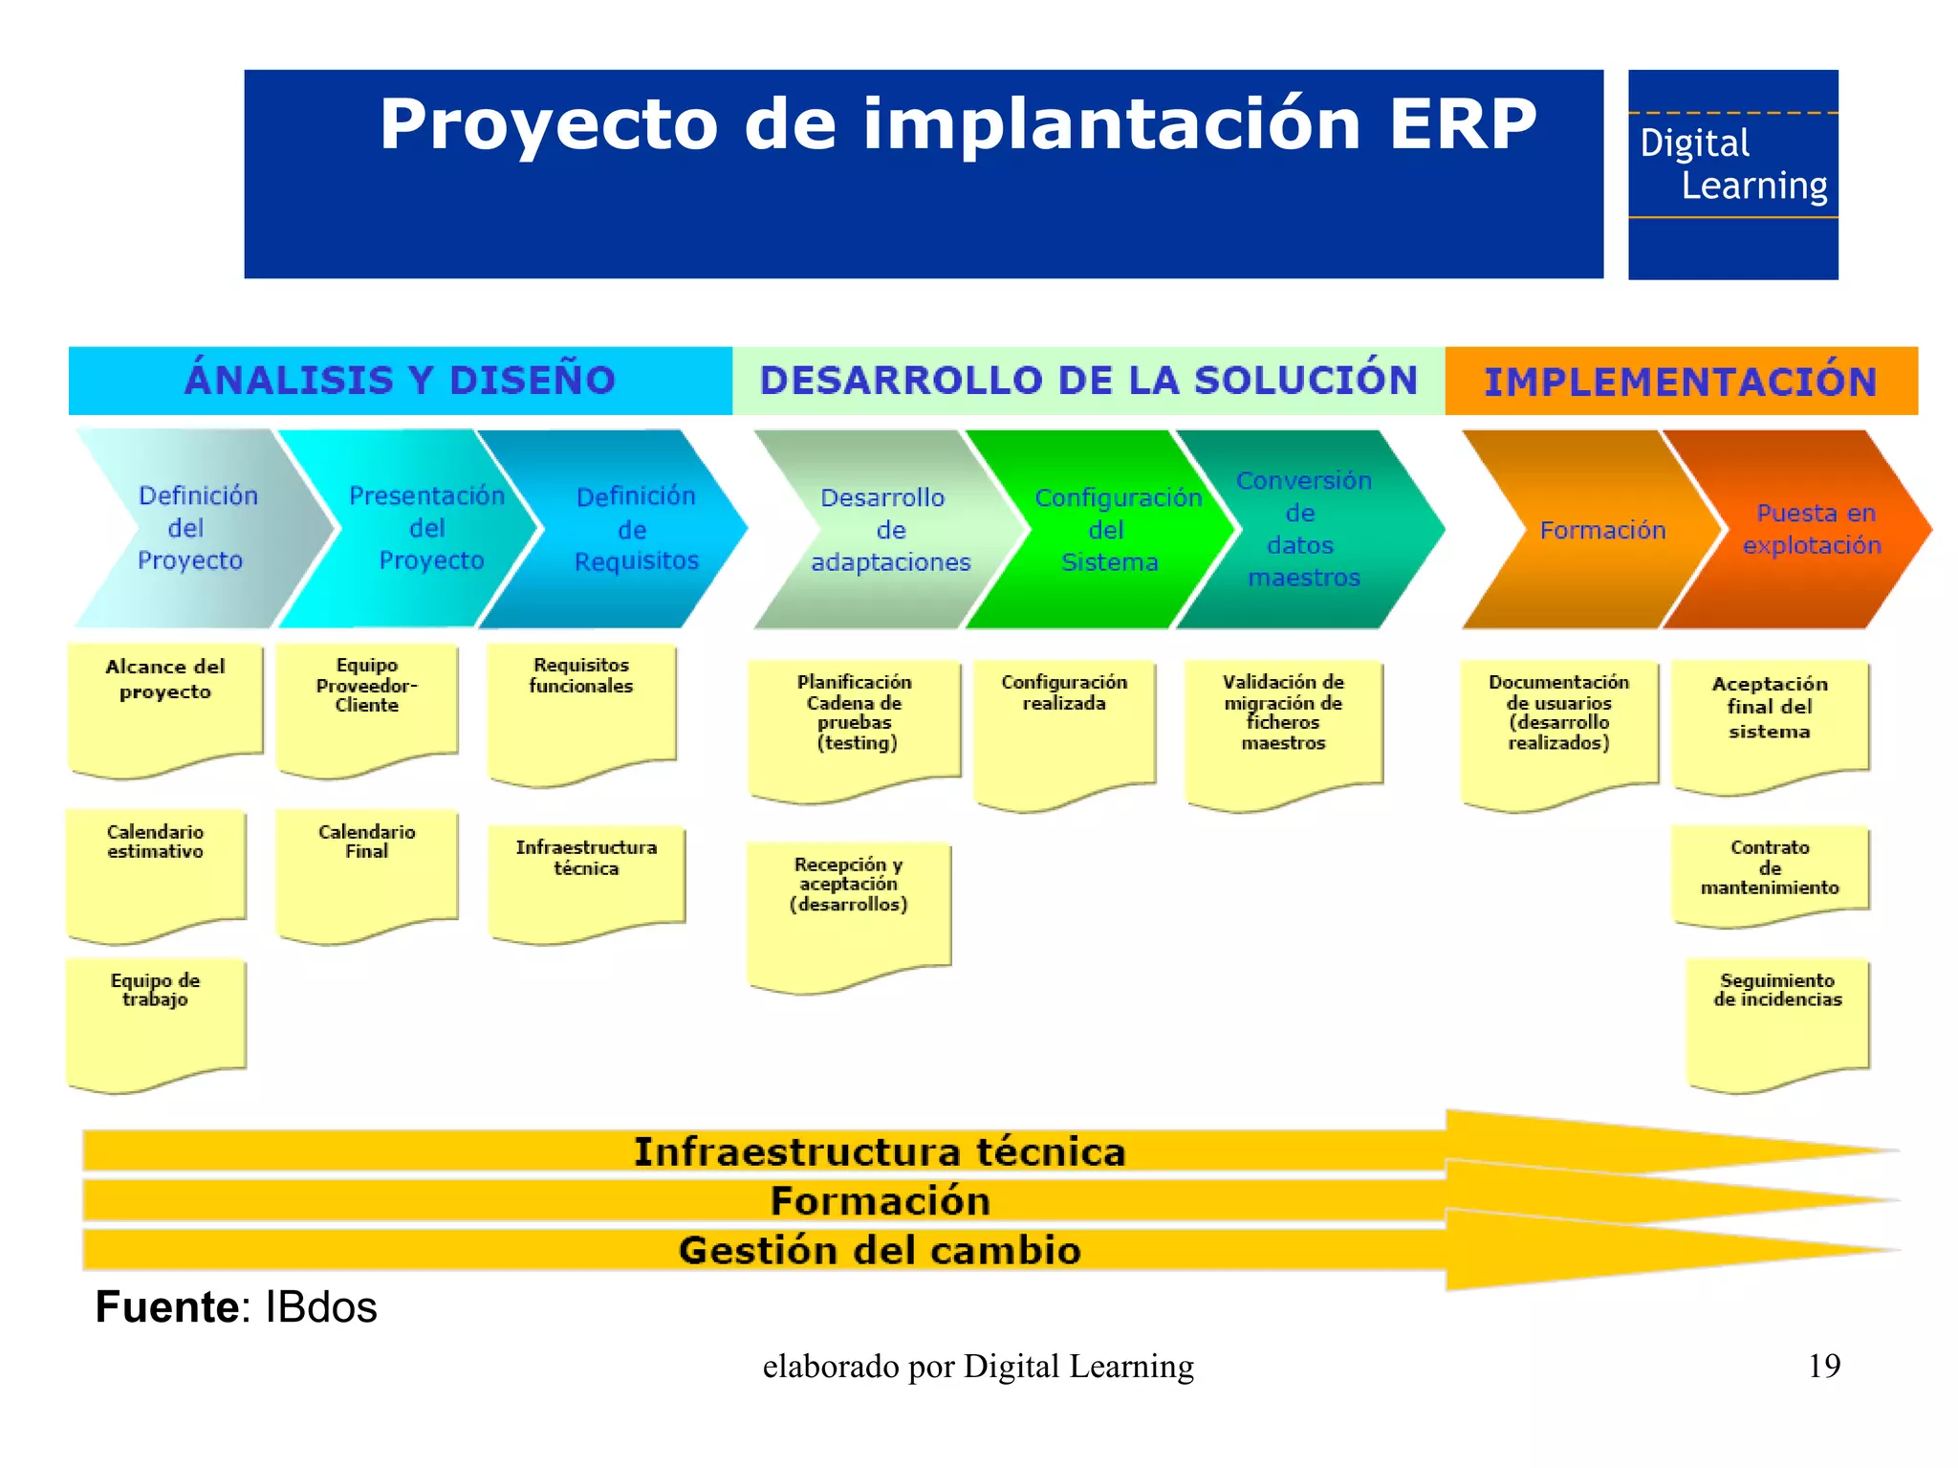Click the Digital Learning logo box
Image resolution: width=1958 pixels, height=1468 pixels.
click(x=1732, y=174)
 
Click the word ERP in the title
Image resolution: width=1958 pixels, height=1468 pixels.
click(x=1462, y=124)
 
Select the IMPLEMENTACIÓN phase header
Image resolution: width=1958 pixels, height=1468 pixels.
click(x=1680, y=381)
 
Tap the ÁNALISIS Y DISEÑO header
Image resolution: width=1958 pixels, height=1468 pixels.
click(x=400, y=381)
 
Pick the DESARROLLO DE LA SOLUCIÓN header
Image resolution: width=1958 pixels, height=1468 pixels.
click(x=1088, y=381)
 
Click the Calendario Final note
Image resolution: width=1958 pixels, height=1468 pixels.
click(x=366, y=870)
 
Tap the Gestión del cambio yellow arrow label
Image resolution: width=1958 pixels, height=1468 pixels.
click(x=880, y=1251)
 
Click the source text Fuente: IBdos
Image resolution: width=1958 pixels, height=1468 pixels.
click(x=236, y=1307)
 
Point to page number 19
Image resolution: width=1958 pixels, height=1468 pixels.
click(x=1823, y=1366)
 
